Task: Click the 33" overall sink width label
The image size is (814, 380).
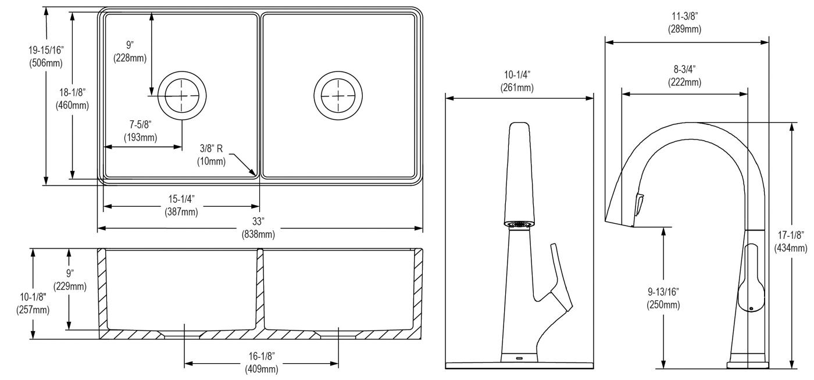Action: [x=258, y=221]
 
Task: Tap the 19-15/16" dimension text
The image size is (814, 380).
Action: [x=46, y=50]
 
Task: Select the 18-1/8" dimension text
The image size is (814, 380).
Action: [x=72, y=92]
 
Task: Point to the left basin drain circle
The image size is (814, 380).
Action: [x=182, y=95]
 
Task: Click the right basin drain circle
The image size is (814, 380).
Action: [x=338, y=95]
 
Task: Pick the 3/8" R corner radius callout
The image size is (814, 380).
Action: [x=211, y=149]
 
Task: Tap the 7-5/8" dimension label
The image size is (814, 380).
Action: [x=140, y=124]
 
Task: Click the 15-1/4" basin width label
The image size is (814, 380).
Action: [x=181, y=199]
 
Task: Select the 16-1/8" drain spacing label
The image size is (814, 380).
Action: [x=262, y=356]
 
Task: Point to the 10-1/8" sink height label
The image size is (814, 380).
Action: [x=33, y=297]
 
